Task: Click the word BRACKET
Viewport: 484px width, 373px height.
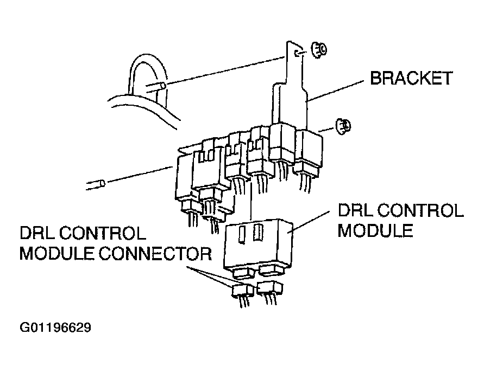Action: (411, 78)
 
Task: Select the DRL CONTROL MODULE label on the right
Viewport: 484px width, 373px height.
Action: (400, 221)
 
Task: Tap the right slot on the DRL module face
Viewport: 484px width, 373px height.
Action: (259, 234)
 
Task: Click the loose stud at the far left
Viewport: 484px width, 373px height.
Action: (96, 185)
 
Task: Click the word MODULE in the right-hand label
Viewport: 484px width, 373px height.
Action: (375, 230)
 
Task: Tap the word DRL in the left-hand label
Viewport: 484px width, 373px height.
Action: (37, 234)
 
